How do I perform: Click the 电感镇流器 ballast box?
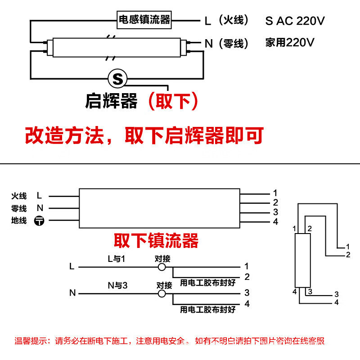tap(144, 20)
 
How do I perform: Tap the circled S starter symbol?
tap(117, 78)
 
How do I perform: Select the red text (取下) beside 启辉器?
tap(173, 101)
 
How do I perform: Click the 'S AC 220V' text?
tap(295, 21)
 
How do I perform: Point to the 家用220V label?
tap(290, 42)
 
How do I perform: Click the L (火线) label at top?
tap(226, 20)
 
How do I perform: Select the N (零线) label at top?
tap(226, 43)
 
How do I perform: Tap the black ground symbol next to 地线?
tap(39, 220)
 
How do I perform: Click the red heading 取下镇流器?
tap(156, 240)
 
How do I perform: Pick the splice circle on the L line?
tap(162, 267)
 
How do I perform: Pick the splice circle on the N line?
tap(162, 293)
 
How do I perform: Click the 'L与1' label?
tap(117, 259)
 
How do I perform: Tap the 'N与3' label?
tap(117, 286)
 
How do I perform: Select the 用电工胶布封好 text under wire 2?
tap(208, 283)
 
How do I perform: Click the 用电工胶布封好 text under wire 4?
tap(208, 310)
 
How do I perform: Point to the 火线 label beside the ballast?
tap(19, 196)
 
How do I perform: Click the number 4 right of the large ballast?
tap(275, 221)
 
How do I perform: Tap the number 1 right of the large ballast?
tap(275, 193)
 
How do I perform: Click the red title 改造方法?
tap(64, 135)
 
